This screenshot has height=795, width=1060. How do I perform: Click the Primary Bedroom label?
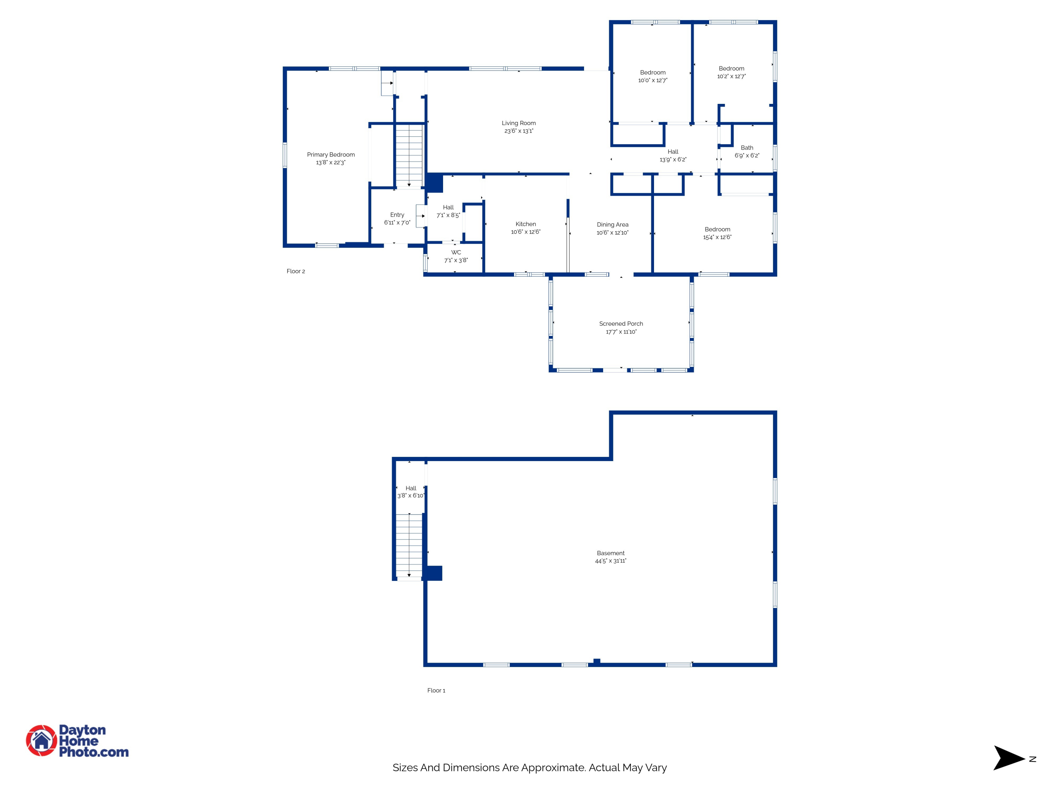coord(331,155)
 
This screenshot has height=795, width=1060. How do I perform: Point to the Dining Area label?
coord(612,224)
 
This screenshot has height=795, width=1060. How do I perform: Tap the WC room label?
coord(456,253)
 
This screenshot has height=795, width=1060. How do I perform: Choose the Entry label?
coord(397,215)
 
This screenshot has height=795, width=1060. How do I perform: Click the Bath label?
coord(747,148)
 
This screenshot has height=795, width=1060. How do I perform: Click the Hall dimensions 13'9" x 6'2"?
coord(673,160)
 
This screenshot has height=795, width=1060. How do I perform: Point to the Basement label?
coord(611,553)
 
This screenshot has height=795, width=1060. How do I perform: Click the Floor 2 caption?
coord(296,271)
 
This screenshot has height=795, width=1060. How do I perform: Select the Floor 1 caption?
coord(436,690)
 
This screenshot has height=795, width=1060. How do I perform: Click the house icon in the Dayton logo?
coord(42,740)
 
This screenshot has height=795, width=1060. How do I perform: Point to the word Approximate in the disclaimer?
coord(553,768)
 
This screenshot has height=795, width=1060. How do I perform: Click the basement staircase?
coord(409,545)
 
